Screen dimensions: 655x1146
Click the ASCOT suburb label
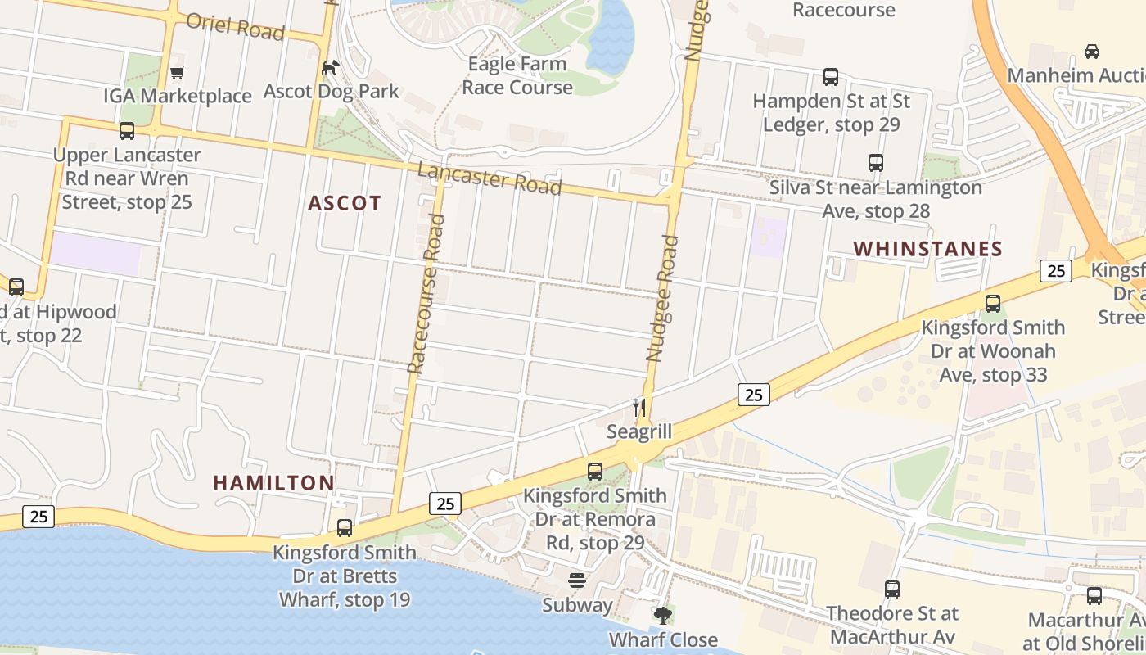[345, 204]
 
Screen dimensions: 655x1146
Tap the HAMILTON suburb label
[273, 483]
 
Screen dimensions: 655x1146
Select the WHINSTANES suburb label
[927, 249]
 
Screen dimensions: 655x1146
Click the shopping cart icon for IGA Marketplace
[177, 73]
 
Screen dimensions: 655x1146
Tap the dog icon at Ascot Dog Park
[330, 68]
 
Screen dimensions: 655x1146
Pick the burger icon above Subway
[577, 581]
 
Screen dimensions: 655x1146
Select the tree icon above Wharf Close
[662, 615]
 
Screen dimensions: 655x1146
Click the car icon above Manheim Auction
[1091, 52]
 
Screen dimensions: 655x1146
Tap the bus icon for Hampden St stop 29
[831, 77]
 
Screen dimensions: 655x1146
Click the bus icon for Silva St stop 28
[876, 163]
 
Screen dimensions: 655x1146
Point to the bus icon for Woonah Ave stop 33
[993, 304]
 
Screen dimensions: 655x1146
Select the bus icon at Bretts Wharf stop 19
[345, 528]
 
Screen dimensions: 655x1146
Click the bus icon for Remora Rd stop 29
[595, 472]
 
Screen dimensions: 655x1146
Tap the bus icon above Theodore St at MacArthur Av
[892, 589]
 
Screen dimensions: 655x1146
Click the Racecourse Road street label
[426, 293]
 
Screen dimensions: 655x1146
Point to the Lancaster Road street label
[490, 178]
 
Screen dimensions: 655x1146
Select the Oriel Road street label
[235, 26]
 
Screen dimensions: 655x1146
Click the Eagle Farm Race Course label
[517, 75]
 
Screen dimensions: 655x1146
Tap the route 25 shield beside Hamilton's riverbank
[38, 517]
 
